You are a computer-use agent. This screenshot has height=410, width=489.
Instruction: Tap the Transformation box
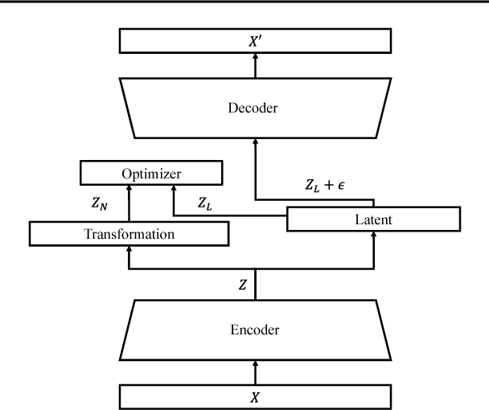coord(129,233)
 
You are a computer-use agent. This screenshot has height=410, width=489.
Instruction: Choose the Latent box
coord(373,219)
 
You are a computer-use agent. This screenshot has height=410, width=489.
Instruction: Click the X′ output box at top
coord(256,40)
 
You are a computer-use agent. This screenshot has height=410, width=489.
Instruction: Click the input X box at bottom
coord(256,396)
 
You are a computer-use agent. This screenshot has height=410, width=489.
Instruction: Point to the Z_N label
coord(102,204)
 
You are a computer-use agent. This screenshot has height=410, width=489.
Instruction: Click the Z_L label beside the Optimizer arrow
coord(205,204)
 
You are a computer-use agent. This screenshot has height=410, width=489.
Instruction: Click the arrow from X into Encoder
coord(256,371)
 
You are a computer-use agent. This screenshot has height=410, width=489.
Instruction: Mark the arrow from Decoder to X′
coord(256,65)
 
